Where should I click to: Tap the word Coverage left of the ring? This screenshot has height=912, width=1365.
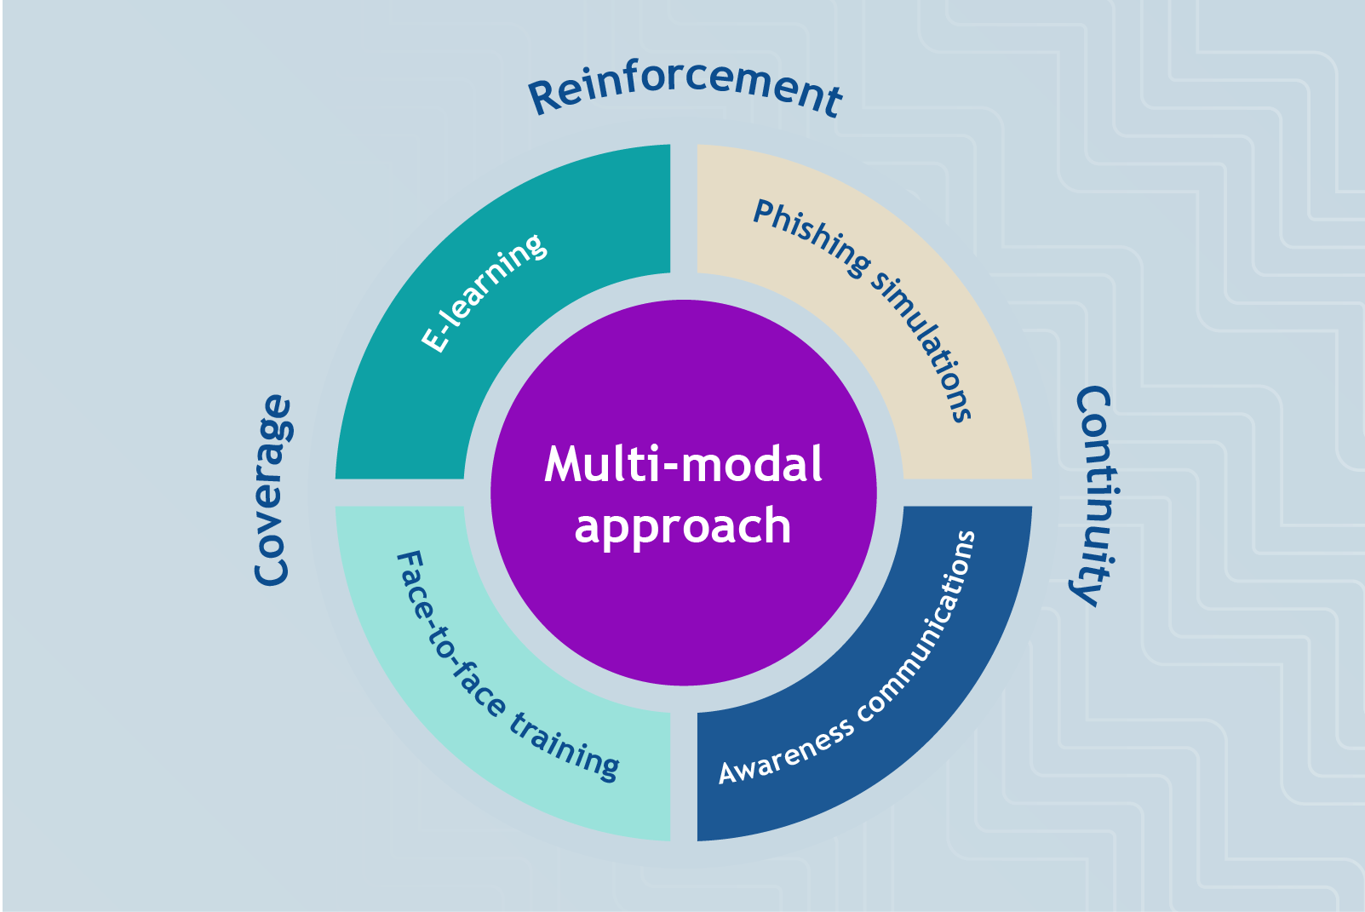(x=273, y=491)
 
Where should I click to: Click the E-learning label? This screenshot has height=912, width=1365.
(x=484, y=292)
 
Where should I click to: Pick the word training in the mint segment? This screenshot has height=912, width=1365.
(x=565, y=746)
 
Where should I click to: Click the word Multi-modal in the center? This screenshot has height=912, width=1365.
(x=684, y=465)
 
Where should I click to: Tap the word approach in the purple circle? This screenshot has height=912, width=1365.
(x=683, y=526)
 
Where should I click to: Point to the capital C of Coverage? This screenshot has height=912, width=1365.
(x=272, y=569)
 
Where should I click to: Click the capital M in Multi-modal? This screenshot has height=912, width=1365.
(x=564, y=465)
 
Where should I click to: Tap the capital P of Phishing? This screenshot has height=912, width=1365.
(x=766, y=211)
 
